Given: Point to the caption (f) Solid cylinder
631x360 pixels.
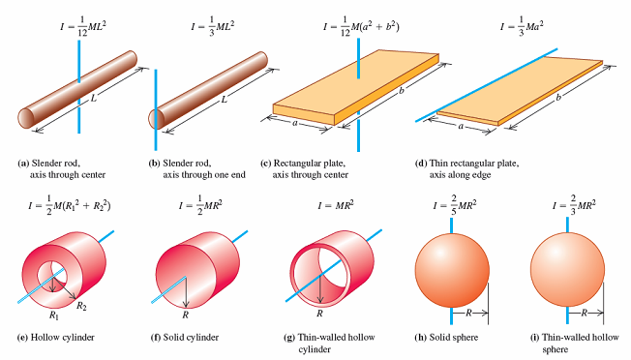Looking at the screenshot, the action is [x=195, y=338].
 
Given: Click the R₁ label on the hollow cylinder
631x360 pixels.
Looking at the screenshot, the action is [x=56, y=314].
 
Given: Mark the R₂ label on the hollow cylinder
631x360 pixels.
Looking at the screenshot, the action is [x=90, y=306].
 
